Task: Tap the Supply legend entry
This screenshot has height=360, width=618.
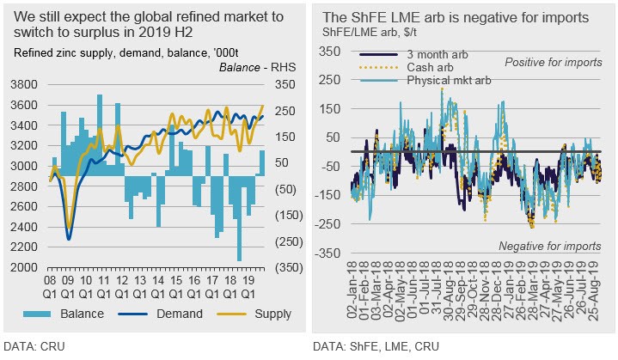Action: coord(271,313)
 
